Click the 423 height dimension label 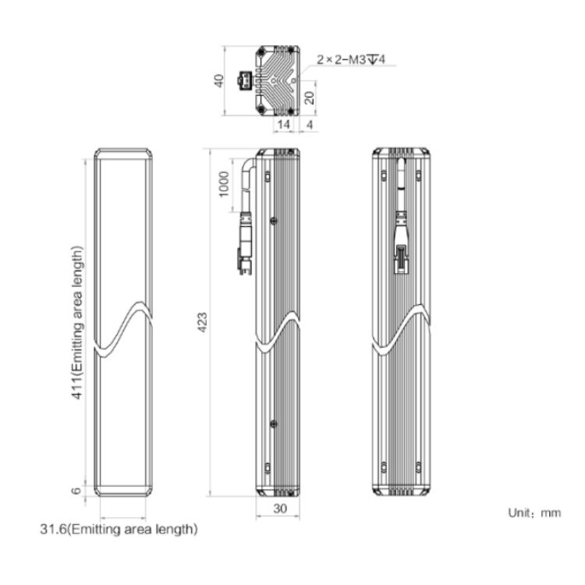point(202,322)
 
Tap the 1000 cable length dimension point(224,184)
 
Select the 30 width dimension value point(280,508)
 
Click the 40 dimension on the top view point(218,80)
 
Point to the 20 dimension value point(310,97)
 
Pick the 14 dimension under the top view point(284,124)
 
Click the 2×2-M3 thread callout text point(351,59)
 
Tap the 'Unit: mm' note point(534,513)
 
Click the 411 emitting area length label point(77,323)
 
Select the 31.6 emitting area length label point(119,529)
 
